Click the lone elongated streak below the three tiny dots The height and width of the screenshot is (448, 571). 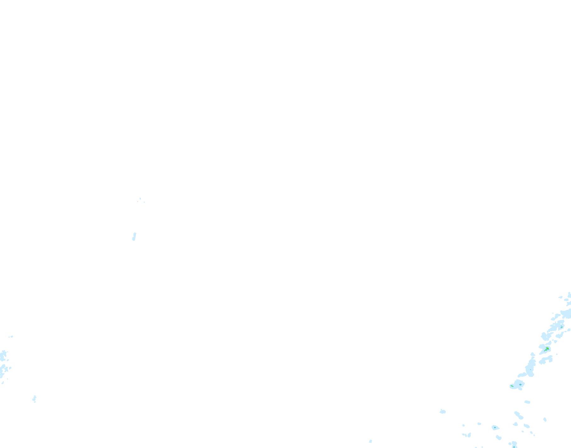(134, 236)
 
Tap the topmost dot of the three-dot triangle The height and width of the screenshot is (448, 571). (140, 198)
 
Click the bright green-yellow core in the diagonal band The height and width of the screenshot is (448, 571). (547, 349)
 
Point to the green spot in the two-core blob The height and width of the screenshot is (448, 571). (512, 386)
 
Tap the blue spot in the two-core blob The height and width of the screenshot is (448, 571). (520, 384)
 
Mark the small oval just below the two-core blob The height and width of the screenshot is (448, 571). (528, 402)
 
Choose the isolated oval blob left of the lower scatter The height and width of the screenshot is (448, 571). (443, 412)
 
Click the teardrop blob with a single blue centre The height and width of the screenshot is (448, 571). (495, 428)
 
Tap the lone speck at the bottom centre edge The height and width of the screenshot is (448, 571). (370, 441)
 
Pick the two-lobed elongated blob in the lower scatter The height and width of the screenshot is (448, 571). (518, 415)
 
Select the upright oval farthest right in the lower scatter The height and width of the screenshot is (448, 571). (545, 419)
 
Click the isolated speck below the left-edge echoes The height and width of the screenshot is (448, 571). (34, 399)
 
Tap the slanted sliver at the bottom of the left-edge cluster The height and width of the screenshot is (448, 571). (3, 383)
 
